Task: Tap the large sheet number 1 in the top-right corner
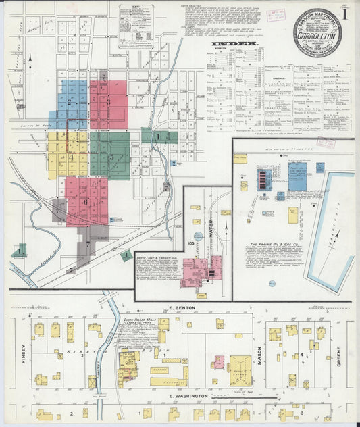coord(346,13)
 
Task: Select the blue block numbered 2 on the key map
coord(70,103)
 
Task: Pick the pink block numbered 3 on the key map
coord(108,102)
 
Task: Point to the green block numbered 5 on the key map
coord(111,157)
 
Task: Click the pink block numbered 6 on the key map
coord(85,201)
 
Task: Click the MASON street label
coord(259,354)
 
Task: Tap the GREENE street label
coord(339,355)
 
